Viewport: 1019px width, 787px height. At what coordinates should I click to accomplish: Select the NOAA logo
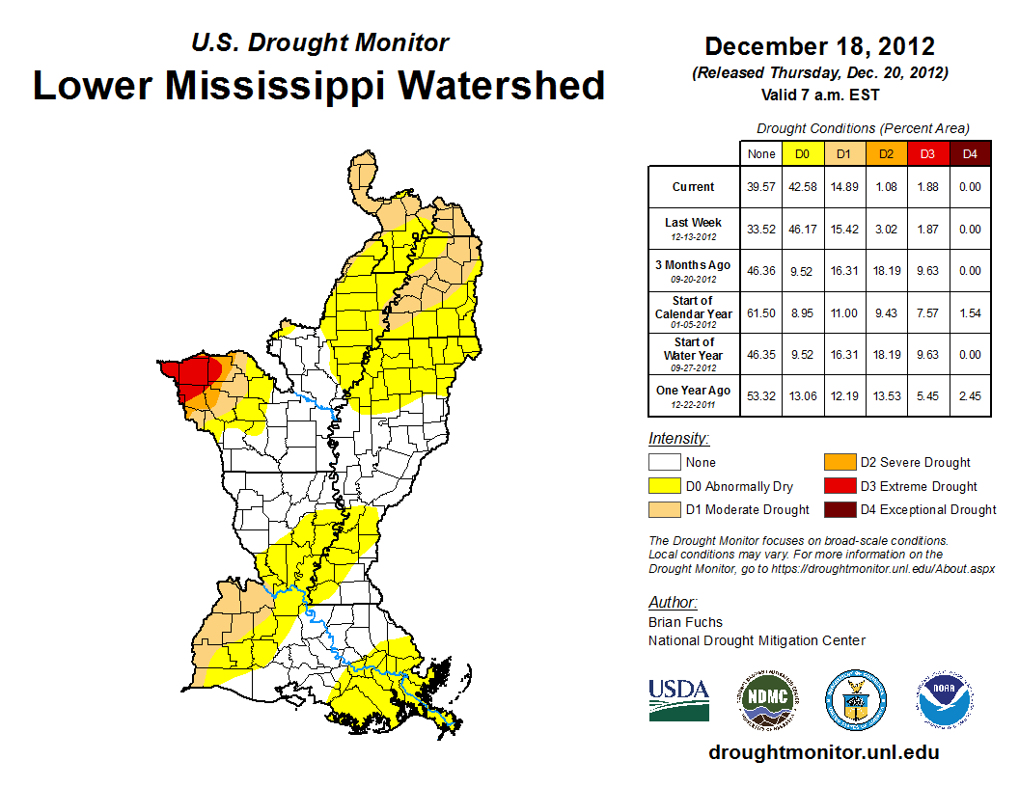click(x=945, y=698)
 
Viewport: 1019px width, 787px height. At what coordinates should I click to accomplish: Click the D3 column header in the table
click(x=926, y=153)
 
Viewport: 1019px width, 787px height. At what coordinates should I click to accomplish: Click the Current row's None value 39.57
click(x=761, y=187)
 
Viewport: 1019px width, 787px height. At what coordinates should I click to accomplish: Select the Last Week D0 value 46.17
click(x=803, y=230)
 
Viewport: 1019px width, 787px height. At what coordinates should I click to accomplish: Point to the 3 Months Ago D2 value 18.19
click(x=886, y=271)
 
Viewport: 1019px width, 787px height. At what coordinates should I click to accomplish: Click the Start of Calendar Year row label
click(x=694, y=312)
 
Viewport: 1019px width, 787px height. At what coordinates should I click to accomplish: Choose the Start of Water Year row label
click(x=694, y=354)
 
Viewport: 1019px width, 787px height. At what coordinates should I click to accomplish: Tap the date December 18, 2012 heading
click(x=819, y=46)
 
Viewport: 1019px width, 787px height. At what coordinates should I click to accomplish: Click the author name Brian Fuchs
click(x=685, y=622)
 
